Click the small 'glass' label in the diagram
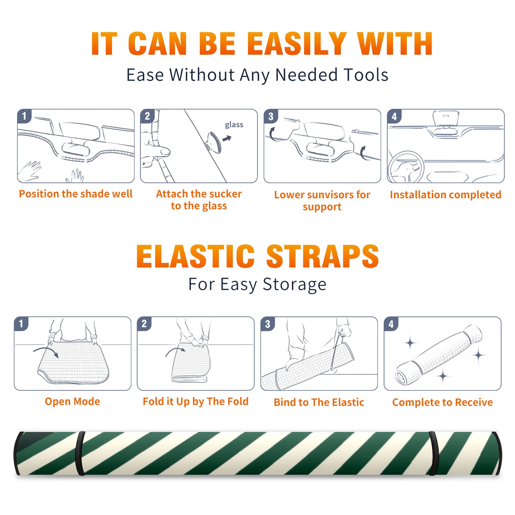click(x=234, y=125)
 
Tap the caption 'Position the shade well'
click(x=76, y=194)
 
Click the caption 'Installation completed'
click(x=445, y=194)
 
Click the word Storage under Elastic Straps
click(x=295, y=285)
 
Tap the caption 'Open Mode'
click(x=72, y=401)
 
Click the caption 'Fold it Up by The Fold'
click(x=196, y=402)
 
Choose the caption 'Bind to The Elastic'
click(x=319, y=402)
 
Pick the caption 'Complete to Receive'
click(x=443, y=402)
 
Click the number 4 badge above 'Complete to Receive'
click(x=391, y=324)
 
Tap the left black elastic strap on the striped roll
click(x=80, y=454)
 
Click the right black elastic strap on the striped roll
click(x=434, y=454)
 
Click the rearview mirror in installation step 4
click(x=446, y=118)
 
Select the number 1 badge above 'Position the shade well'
click(x=24, y=116)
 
